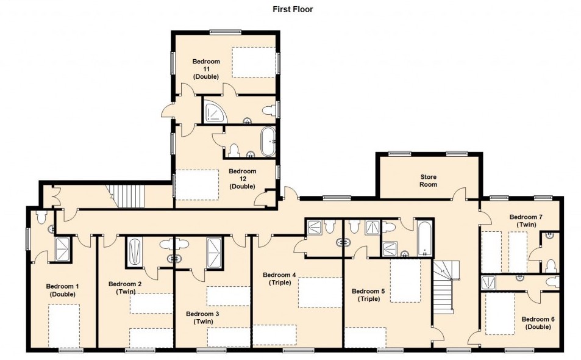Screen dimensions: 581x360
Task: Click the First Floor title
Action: tap(293, 9)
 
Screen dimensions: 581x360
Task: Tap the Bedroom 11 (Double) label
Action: tap(206, 69)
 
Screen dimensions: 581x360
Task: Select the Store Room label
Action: tap(428, 181)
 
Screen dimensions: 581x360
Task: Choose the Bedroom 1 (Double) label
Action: tap(62, 290)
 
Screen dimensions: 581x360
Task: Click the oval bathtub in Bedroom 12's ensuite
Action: tap(268, 142)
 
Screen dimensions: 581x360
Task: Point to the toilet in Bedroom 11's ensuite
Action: tap(269, 110)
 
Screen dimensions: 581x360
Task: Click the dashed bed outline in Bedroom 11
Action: tap(254, 62)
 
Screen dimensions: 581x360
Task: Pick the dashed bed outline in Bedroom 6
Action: tap(500, 314)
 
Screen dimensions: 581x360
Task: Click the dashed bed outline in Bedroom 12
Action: tap(197, 185)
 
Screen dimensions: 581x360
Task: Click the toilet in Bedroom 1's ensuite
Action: tap(41, 217)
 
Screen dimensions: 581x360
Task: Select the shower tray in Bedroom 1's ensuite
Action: tap(63, 249)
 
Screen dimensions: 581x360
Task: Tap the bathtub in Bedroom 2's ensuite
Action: tap(135, 251)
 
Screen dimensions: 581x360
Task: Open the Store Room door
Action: tap(460, 193)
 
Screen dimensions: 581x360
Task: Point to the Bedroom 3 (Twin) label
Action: tap(202, 318)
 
